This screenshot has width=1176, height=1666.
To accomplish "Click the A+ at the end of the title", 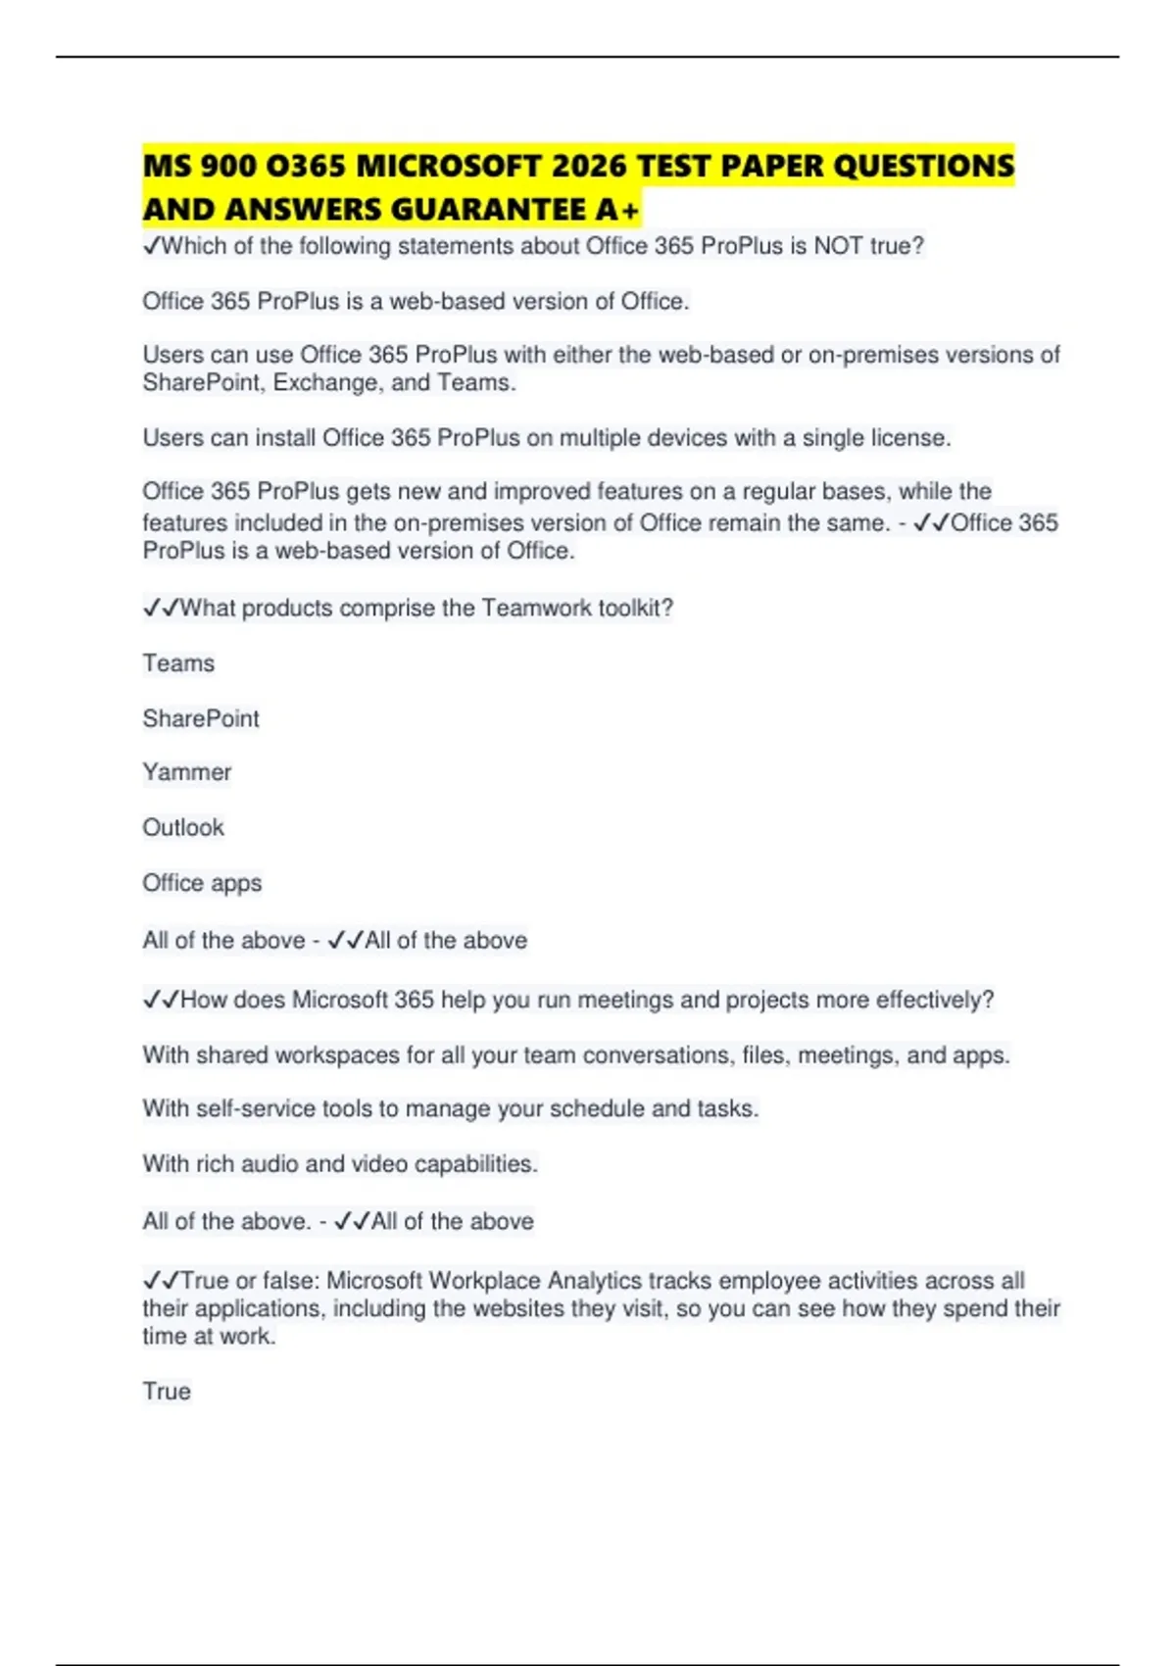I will (616, 210).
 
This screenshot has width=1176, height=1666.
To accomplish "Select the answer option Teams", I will (178, 663).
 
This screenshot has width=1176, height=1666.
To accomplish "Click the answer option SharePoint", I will (201, 718).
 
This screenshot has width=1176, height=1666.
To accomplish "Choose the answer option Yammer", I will (187, 772).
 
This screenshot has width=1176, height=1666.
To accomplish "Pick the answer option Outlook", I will (183, 828).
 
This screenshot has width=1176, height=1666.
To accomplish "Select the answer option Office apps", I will (202, 883).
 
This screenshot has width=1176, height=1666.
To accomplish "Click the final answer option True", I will (167, 1392).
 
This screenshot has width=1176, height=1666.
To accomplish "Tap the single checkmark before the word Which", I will (151, 246).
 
